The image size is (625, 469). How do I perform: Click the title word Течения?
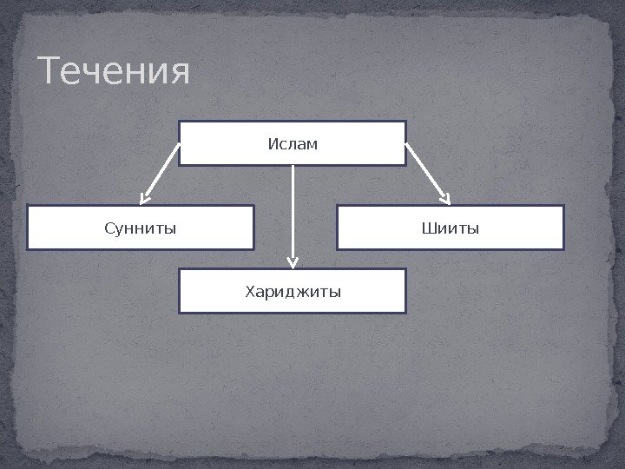click(x=114, y=73)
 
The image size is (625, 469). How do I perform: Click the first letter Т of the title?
click(x=51, y=73)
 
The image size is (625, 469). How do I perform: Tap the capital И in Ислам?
click(x=272, y=142)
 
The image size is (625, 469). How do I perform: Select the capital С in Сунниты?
click(x=109, y=228)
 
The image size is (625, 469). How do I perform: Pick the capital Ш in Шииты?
click(x=426, y=228)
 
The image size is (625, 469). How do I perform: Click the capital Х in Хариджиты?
click(x=250, y=291)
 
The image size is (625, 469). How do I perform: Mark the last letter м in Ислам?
click(x=312, y=143)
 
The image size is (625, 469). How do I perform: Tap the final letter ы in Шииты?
click(x=474, y=229)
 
